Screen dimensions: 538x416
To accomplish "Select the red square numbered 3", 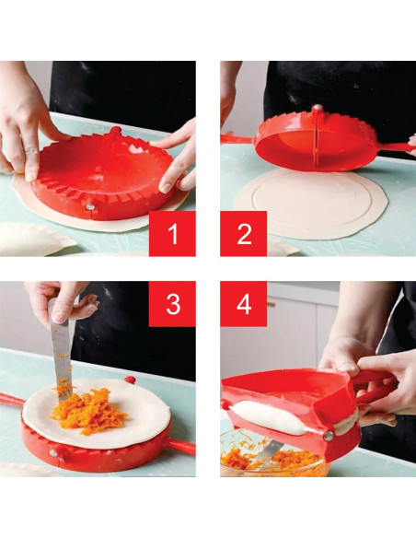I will coord(172,304).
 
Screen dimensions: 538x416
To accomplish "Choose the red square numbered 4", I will coord(243,304).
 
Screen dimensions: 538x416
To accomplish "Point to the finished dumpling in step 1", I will coord(32,239).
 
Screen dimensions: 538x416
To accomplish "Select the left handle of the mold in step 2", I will coord(237,137).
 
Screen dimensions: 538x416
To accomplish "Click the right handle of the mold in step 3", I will coord(181,447).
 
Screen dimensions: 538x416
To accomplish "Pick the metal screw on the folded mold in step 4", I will coord(327,435).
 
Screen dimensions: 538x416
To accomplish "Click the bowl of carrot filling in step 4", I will coord(267,459).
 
